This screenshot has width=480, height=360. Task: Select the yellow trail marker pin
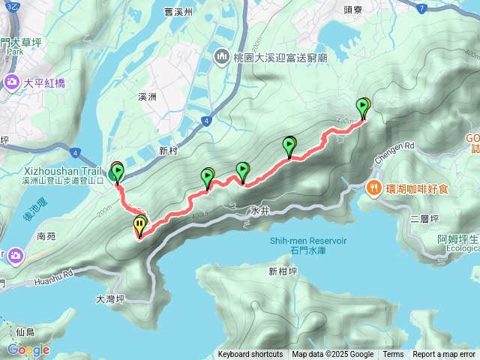(140, 225)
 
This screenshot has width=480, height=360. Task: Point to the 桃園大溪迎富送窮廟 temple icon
(222, 57)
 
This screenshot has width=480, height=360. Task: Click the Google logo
(28, 349)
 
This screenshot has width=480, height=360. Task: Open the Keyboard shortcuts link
(250, 355)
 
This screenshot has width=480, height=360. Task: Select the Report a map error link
(443, 355)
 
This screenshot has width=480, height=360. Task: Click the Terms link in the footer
(393, 355)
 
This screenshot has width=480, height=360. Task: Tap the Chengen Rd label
(394, 145)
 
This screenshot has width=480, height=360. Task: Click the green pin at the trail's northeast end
(364, 108)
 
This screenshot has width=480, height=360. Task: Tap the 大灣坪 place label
(110, 298)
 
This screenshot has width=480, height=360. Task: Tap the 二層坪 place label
(424, 220)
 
